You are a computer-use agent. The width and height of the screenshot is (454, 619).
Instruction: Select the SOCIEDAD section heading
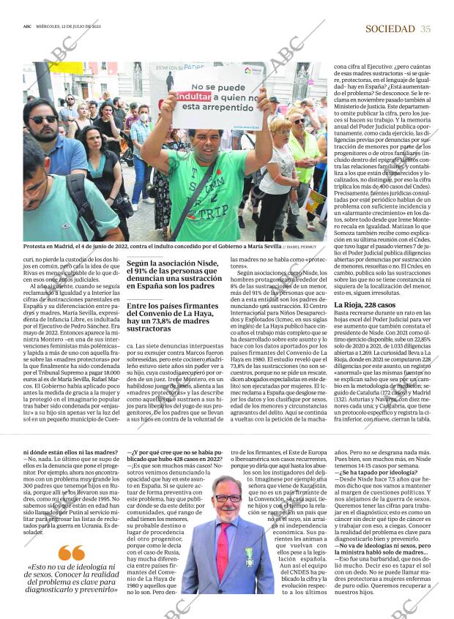[390, 29]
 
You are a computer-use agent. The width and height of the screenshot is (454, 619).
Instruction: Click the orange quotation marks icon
[72, 553]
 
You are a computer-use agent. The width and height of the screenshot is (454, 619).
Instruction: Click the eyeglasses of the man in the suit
[228, 498]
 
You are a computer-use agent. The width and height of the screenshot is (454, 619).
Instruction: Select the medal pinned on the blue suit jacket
[249, 553]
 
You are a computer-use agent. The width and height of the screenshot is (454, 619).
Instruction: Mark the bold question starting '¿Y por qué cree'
[174, 456]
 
